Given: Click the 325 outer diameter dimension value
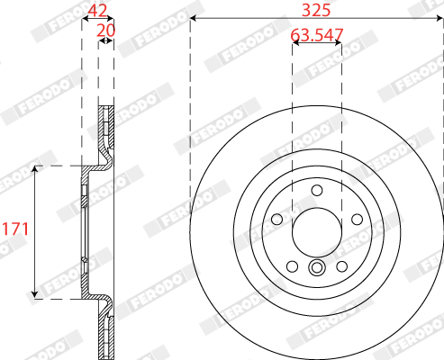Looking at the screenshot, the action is click(316, 10).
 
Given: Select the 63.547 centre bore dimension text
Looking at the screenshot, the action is click(317, 35).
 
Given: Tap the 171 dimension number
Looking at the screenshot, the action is click(15, 229).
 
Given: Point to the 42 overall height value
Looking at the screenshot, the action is click(97, 10).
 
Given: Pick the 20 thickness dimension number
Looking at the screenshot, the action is click(105, 31).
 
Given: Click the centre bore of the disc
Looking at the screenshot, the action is click(317, 232).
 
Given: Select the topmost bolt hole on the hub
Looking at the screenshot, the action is click(317, 190).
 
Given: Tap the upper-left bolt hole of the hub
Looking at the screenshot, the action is click(276, 219).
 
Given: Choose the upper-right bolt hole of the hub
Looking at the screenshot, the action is click(357, 220).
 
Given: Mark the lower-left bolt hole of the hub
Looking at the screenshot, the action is click(292, 266).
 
